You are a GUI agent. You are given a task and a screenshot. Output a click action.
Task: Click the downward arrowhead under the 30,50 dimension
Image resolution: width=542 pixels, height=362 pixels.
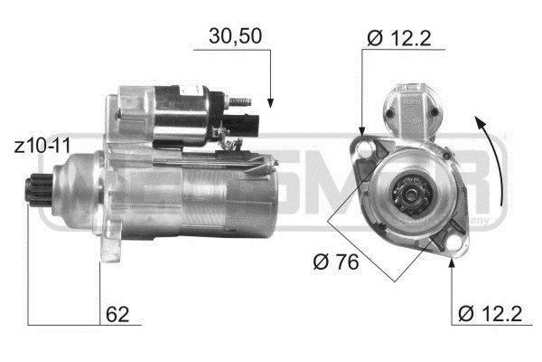[x=270, y=99]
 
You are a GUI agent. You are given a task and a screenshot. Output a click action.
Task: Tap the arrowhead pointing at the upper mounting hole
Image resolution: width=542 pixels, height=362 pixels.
[x=362, y=133]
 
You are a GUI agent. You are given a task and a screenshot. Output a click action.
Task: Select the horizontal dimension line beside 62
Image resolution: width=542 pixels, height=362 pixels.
[x=63, y=324]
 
